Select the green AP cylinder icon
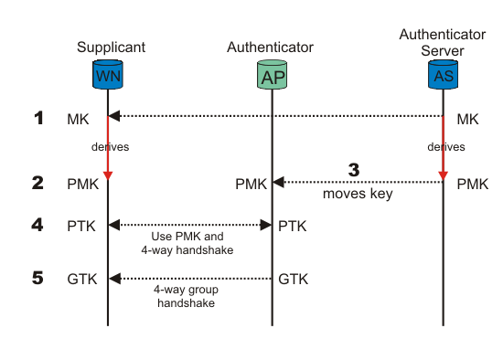pos(272,76)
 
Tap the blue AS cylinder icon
pos(444,73)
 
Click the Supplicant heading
pos(111,47)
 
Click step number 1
pos(38,117)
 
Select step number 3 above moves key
pos(357,170)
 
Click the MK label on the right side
pos(467,119)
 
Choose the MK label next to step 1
pos(80,119)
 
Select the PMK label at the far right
pos(472,184)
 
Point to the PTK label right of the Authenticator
pos(293,226)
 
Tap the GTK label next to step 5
pos(82,279)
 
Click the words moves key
pos(358,195)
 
